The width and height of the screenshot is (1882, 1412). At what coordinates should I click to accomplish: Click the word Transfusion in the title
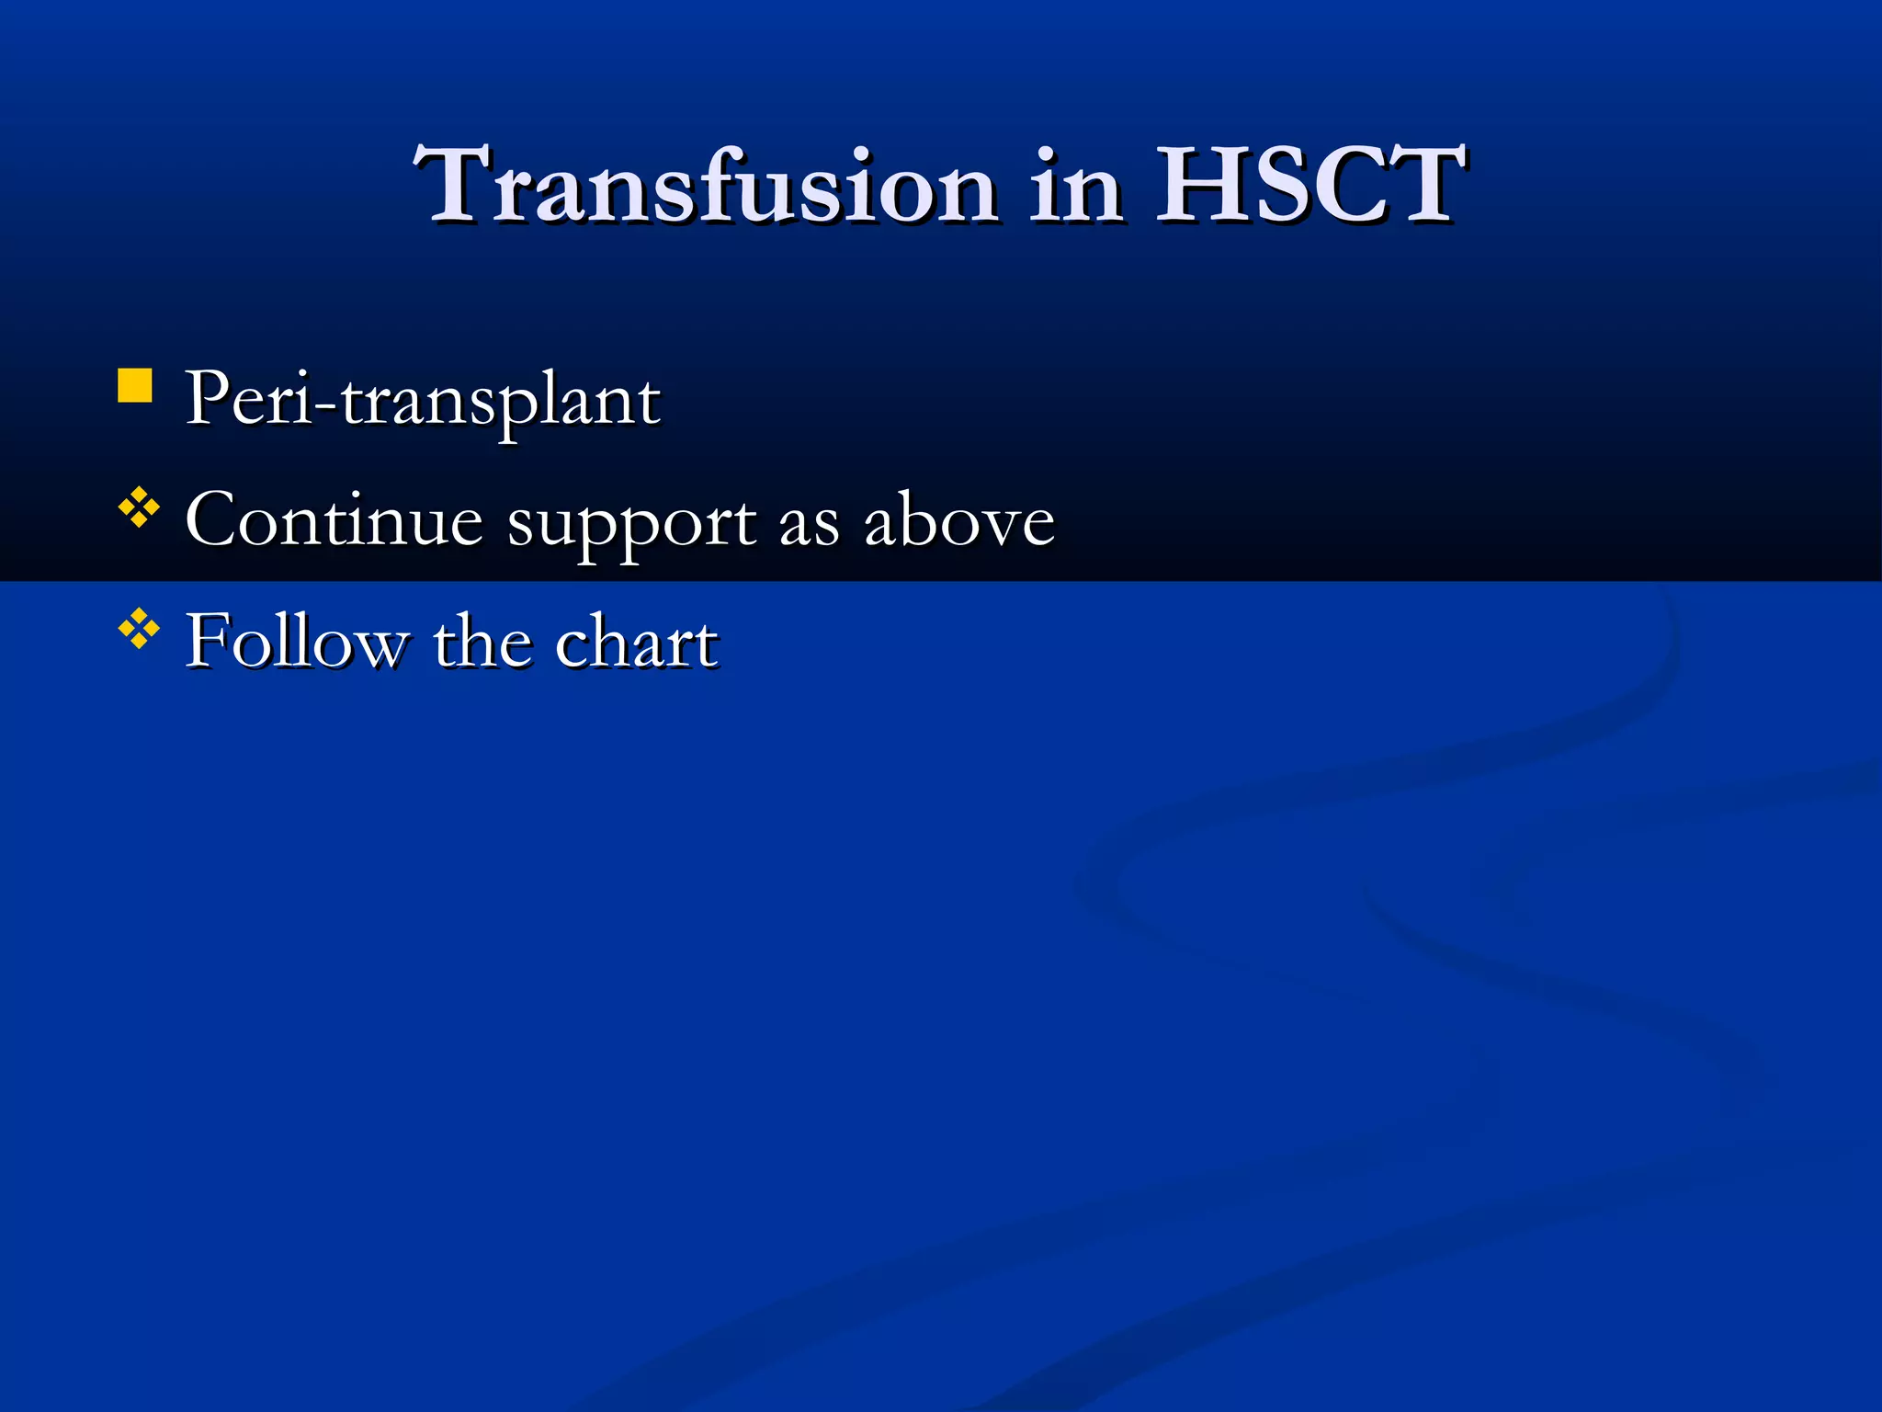706,187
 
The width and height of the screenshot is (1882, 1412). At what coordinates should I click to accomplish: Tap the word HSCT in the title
1309,187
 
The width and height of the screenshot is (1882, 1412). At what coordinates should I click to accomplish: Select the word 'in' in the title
1075,187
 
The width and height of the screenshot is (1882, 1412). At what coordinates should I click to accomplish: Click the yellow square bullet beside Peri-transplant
135,386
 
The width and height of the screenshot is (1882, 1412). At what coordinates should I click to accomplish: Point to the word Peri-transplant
423,401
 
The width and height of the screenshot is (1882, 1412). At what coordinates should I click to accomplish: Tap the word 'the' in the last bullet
481,642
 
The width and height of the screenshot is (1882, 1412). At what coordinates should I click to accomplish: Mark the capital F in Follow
207,642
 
